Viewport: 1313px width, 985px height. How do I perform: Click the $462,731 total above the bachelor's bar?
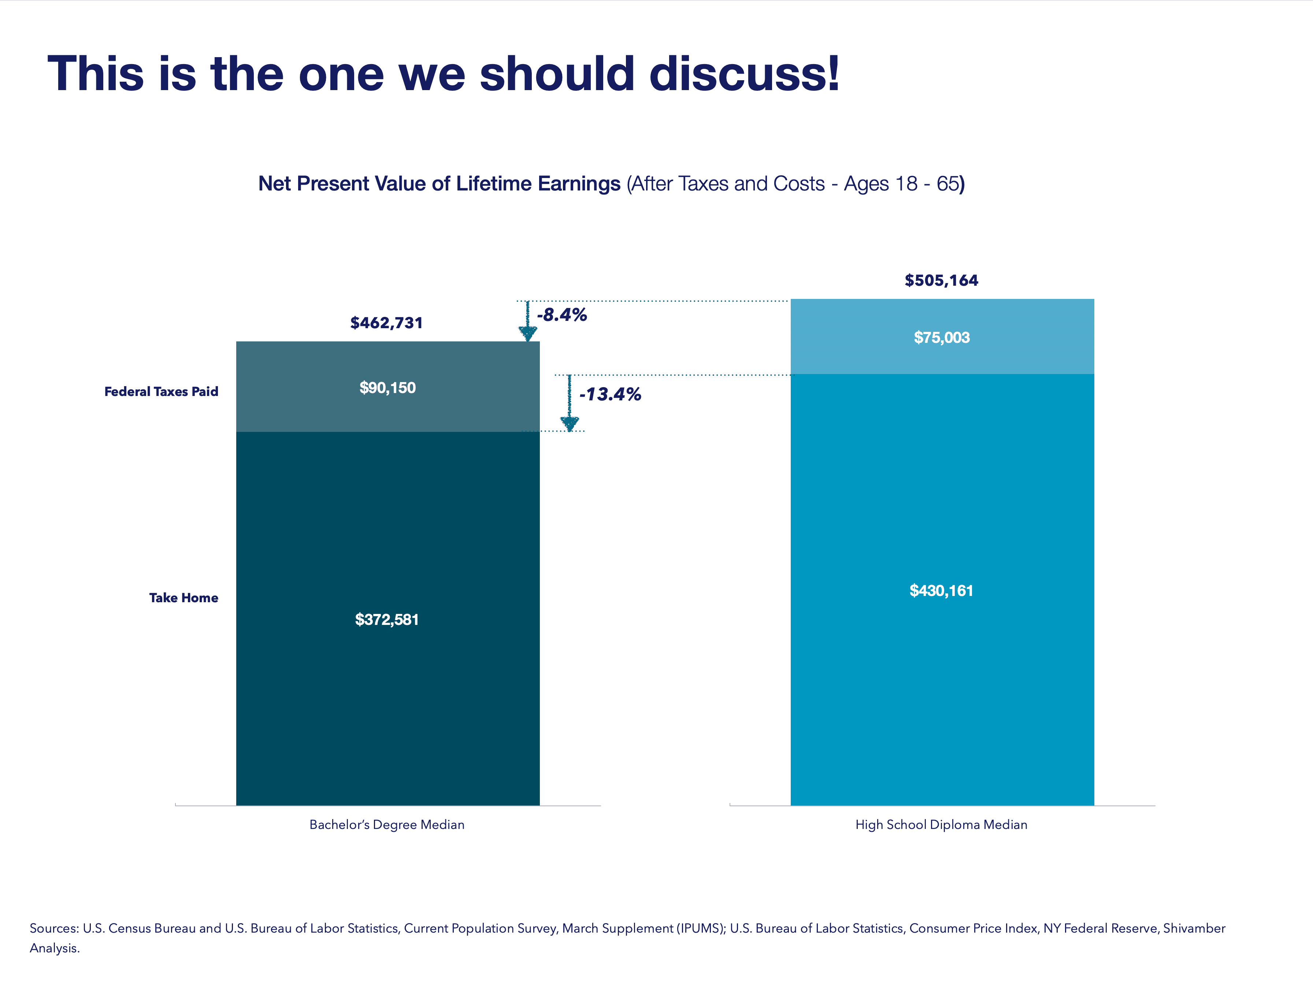pyautogui.click(x=386, y=323)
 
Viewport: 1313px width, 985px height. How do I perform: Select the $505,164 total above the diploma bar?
pyautogui.click(x=941, y=280)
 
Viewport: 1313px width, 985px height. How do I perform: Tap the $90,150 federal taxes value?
pyautogui.click(x=387, y=388)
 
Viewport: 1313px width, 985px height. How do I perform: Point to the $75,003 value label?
pyautogui.click(x=942, y=337)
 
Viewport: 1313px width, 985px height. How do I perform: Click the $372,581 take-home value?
pyautogui.click(x=387, y=619)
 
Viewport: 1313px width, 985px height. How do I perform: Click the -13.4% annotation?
pyautogui.click(x=610, y=394)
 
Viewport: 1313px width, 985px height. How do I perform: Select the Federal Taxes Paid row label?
pyautogui.click(x=162, y=391)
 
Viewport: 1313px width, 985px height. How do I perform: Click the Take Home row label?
pyautogui.click(x=183, y=597)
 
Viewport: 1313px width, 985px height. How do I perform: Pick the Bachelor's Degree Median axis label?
pyautogui.click(x=387, y=825)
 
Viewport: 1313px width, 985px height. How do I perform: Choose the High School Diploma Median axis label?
pyautogui.click(x=941, y=825)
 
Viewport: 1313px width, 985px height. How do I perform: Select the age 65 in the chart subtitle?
pyautogui.click(x=947, y=184)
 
